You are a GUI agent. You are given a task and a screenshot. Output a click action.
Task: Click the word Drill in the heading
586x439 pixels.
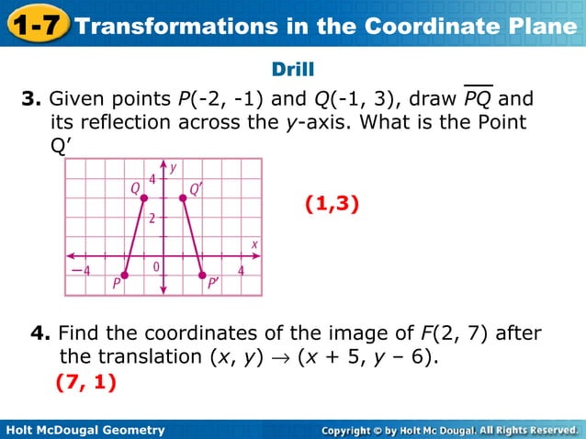tap(293, 70)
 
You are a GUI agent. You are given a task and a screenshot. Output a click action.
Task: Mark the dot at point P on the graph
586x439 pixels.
tap(125, 275)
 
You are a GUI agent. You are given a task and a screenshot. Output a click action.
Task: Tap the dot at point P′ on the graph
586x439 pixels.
tap(201, 275)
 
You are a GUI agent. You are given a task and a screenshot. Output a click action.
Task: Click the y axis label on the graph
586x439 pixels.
tap(174, 169)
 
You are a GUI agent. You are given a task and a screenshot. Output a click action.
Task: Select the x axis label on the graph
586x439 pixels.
tap(254, 243)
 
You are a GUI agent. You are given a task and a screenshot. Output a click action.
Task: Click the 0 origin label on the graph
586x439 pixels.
tap(157, 267)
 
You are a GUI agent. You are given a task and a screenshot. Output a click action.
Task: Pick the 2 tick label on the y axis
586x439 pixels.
tap(152, 218)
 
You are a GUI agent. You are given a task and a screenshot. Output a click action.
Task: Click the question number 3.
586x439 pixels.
tap(28, 98)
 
